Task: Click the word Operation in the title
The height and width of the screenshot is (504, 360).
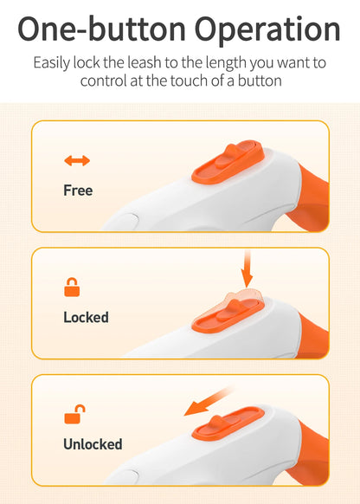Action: (267, 29)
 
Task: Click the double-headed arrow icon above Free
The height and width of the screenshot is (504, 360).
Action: (77, 160)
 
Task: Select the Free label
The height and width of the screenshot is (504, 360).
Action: (78, 190)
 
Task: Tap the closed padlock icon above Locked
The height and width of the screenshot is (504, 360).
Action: (72, 287)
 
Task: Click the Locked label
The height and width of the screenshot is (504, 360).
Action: (86, 317)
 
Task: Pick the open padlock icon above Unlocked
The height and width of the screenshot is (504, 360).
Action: (74, 414)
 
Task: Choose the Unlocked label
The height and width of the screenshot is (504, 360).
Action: (93, 444)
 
